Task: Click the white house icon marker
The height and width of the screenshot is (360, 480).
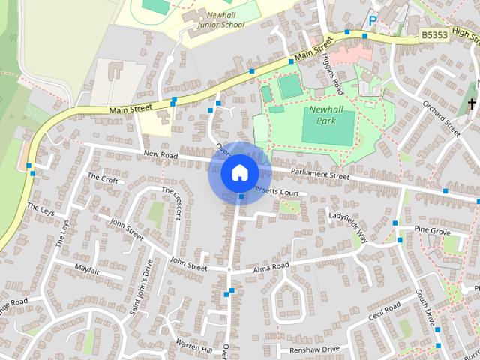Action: pos(239,172)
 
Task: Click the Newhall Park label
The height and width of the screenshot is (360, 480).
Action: pos(328,114)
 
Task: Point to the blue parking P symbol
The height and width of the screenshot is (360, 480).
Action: pos(372,20)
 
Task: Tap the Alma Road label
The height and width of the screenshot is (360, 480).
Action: pos(271,267)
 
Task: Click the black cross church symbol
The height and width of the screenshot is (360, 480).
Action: pos(472,103)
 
